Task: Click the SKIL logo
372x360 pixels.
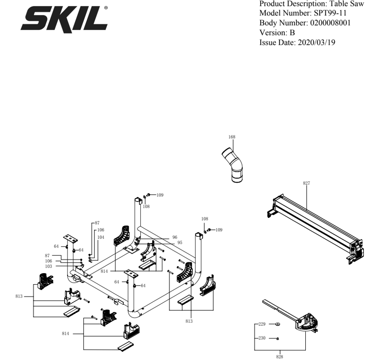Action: click(64, 19)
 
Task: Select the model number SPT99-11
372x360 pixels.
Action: click(330, 13)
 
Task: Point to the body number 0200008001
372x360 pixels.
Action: click(330, 23)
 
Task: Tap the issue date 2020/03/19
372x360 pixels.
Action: click(316, 42)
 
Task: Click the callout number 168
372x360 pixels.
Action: click(232, 137)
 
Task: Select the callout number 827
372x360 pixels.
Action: click(306, 183)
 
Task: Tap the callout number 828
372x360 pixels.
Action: click(280, 357)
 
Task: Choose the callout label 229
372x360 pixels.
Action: click(262, 324)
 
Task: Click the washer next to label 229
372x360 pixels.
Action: click(278, 324)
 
